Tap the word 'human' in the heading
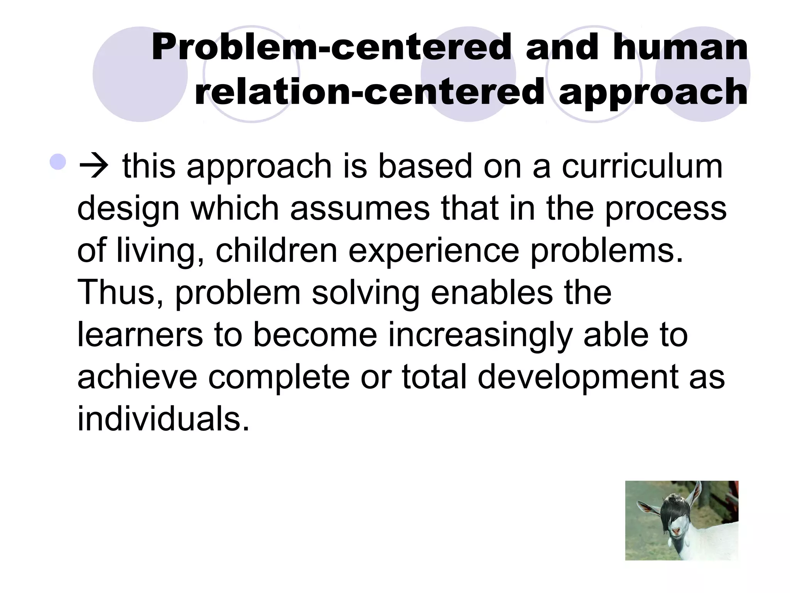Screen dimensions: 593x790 680,47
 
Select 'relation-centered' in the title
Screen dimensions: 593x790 369,92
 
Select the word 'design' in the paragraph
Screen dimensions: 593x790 128,209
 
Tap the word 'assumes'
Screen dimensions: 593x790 360,208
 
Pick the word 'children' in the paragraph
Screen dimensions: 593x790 277,251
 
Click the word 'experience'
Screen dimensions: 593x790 434,251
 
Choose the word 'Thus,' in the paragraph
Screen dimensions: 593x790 120,293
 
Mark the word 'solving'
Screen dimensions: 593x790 365,293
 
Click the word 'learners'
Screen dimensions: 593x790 140,334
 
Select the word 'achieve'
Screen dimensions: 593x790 137,376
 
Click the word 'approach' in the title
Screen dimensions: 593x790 653,92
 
